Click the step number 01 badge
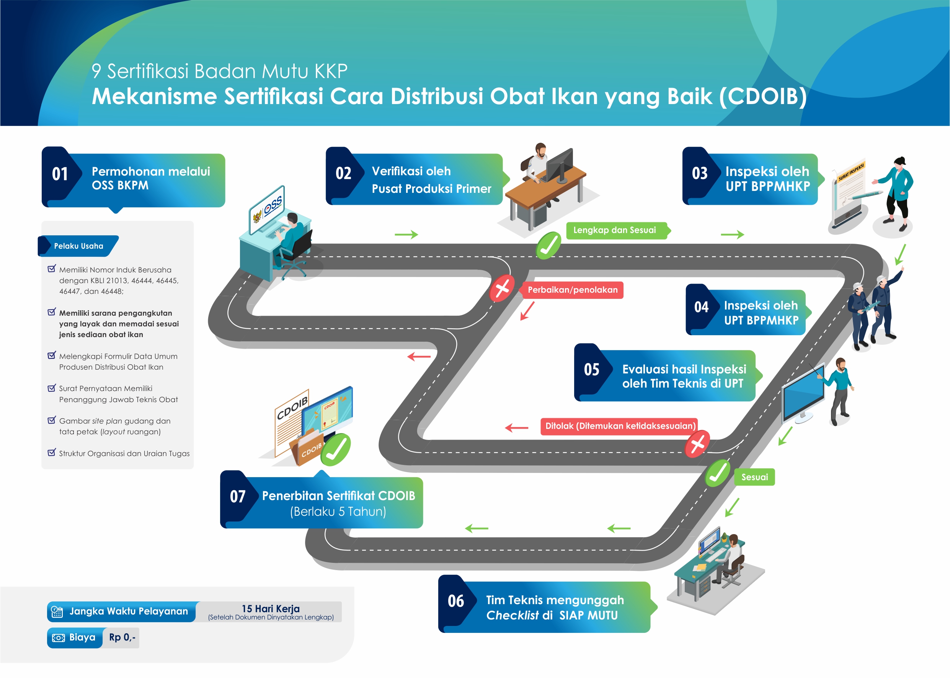tap(60, 174)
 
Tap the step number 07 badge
tap(238, 496)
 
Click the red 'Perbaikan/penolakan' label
tap(572, 290)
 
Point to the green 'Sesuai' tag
tap(754, 477)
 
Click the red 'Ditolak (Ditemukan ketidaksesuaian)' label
tap(620, 426)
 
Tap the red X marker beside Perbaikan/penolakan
tap(502, 288)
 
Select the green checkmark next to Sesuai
tap(717, 473)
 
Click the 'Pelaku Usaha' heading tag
tap(78, 246)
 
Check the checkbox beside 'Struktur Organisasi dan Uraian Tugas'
tap(51, 453)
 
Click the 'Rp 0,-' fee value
tap(122, 637)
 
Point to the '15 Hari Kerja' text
tap(271, 609)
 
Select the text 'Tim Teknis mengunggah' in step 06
tap(555, 600)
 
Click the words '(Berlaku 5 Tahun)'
tap(338, 512)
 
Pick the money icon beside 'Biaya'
tap(58, 638)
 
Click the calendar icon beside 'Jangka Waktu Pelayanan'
tap(57, 612)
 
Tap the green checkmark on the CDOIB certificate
tap(336, 449)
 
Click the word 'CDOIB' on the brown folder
tap(312, 450)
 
